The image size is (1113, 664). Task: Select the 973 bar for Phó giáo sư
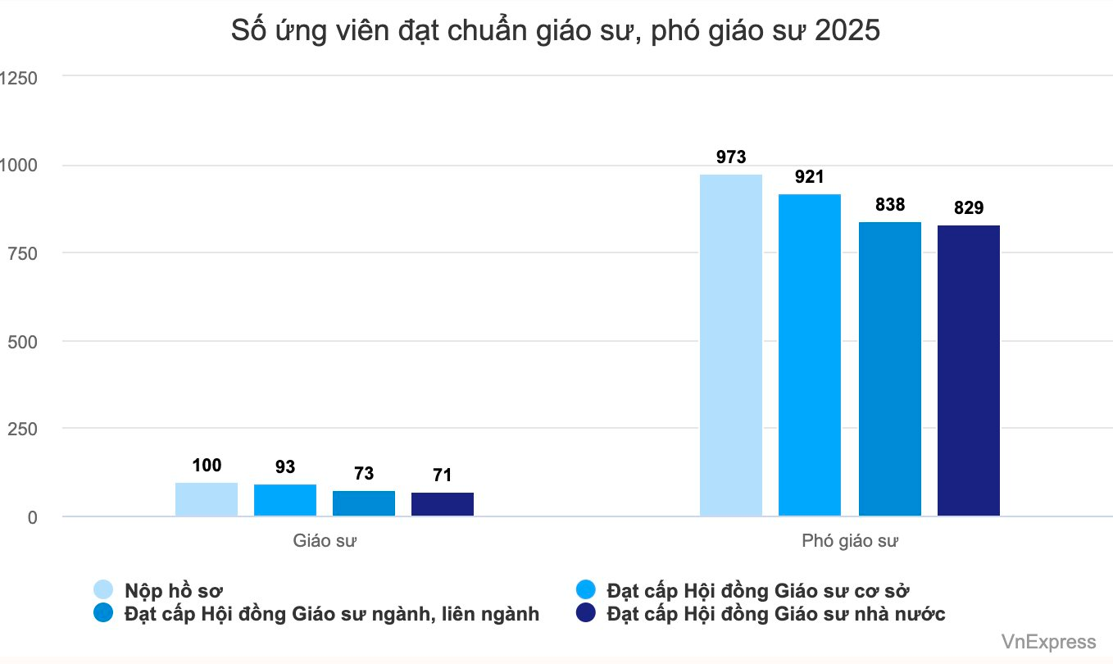(x=731, y=344)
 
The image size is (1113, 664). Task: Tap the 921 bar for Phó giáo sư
(x=810, y=354)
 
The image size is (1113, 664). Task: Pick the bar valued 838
(x=889, y=369)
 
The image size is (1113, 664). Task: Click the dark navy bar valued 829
(x=968, y=371)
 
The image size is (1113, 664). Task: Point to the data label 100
(x=207, y=466)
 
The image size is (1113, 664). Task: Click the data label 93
(x=285, y=467)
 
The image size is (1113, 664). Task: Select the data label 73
(x=364, y=474)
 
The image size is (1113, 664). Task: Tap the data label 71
(x=443, y=475)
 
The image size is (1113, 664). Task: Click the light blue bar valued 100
(x=207, y=499)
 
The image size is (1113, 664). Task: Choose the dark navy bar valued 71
(x=443, y=504)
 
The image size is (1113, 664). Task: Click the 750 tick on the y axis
(x=25, y=253)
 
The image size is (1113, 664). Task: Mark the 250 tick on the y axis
(x=25, y=429)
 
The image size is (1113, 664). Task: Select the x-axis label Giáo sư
(x=325, y=541)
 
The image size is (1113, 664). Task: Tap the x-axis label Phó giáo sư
(x=850, y=541)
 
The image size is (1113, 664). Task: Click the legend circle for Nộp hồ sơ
(x=104, y=590)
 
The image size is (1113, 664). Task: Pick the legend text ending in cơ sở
(x=759, y=590)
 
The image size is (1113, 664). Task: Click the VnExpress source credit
(x=1048, y=642)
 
